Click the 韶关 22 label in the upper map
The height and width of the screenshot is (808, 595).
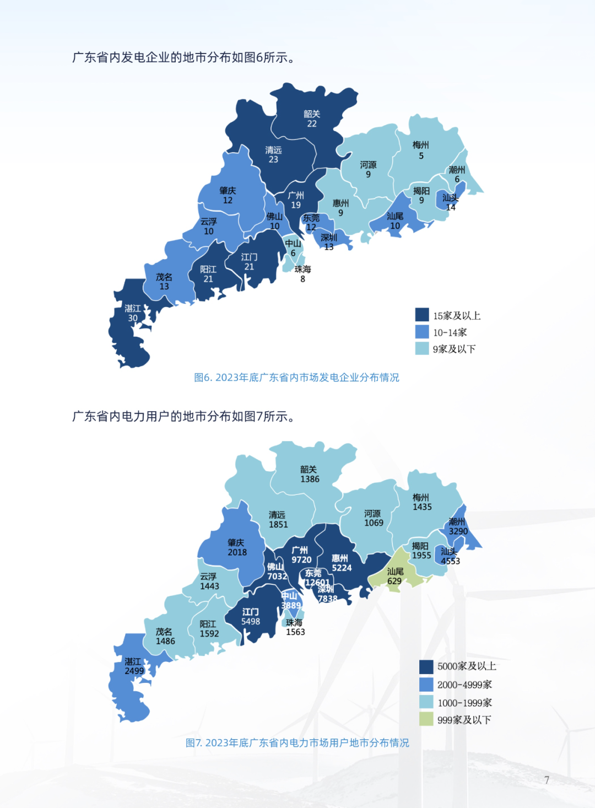[312, 118]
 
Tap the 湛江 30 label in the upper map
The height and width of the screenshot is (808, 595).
[133, 313]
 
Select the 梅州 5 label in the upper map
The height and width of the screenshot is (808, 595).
[421, 150]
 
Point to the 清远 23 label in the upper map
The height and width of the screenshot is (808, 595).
[273, 154]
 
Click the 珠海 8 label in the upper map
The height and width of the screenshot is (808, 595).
[302, 274]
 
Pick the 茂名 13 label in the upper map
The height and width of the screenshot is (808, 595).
[164, 282]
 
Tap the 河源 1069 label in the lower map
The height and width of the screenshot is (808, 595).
[373, 518]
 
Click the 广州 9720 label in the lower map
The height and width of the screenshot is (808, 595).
[301, 555]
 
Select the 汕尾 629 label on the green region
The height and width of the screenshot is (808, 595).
[394, 576]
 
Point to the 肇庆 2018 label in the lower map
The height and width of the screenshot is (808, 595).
[237, 547]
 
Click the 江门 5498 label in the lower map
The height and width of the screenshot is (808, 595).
[250, 616]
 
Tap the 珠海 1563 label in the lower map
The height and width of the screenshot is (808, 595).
[295, 627]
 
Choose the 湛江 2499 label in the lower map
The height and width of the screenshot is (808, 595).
[133, 666]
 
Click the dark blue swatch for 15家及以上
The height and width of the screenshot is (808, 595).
[422, 315]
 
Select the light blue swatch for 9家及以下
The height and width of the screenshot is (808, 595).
[422, 348]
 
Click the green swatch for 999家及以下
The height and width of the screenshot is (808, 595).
[426, 719]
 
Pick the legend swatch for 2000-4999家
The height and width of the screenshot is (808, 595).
[426, 684]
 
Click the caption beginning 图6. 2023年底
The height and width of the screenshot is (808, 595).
[296, 378]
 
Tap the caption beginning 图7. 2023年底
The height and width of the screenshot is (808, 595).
[297, 743]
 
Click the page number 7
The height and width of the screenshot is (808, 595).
[547, 780]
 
